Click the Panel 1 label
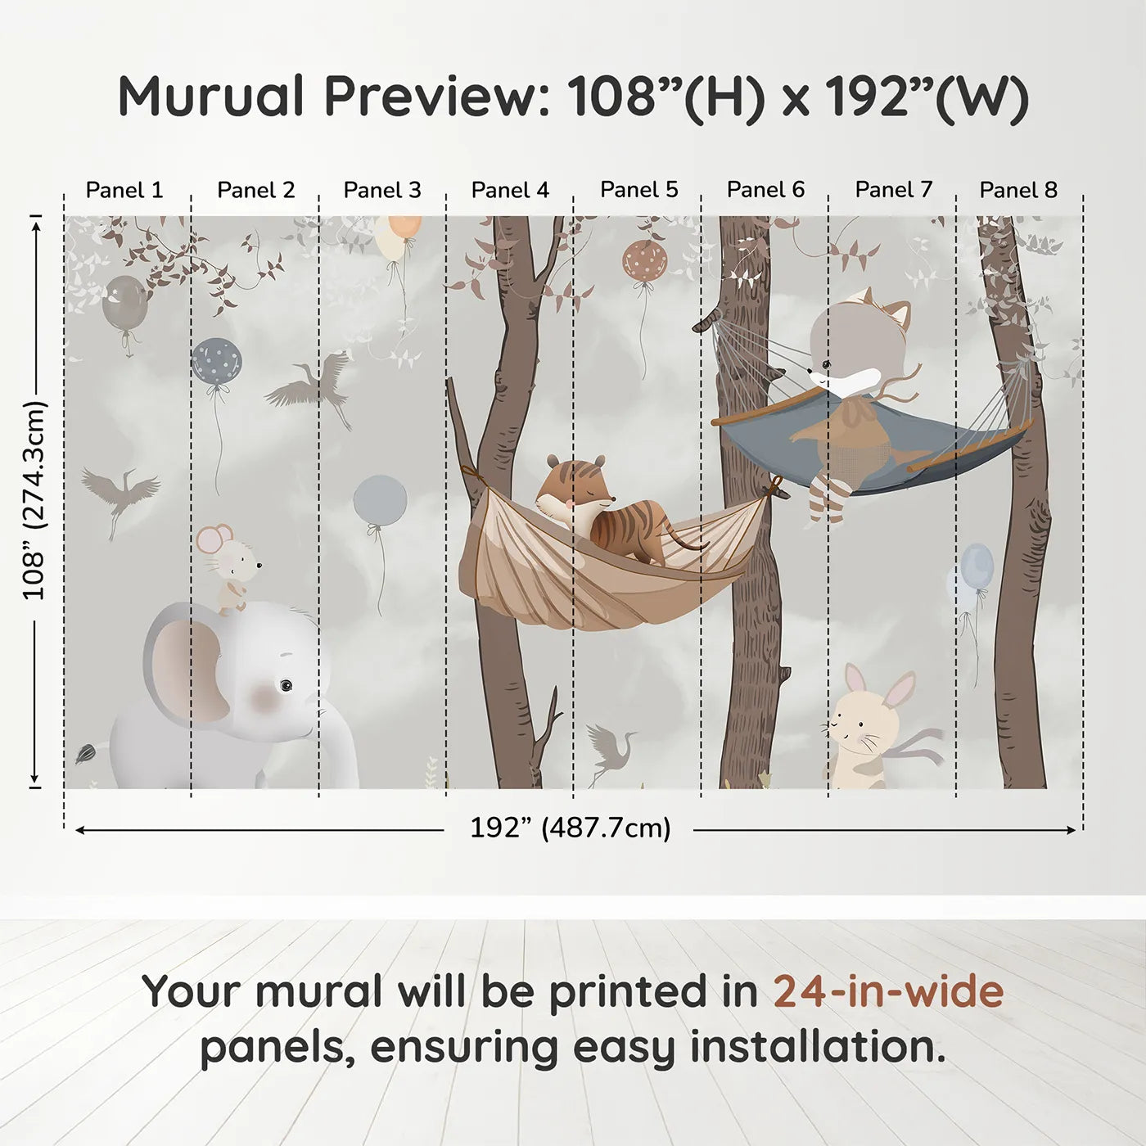click(124, 190)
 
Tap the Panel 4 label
click(510, 190)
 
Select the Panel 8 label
click(1018, 190)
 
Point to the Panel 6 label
click(765, 190)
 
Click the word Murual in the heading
click(211, 97)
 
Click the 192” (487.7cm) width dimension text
click(570, 828)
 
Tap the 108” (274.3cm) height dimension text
click(34, 500)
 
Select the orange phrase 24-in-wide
click(888, 991)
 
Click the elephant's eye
click(285, 684)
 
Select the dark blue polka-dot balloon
click(217, 361)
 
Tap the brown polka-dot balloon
click(645, 261)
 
